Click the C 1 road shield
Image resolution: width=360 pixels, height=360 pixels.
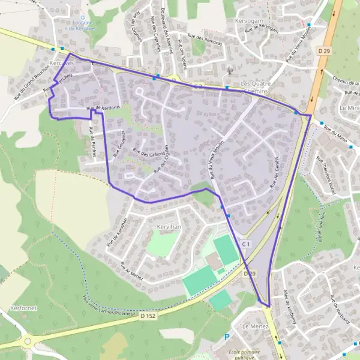(x=245, y=244)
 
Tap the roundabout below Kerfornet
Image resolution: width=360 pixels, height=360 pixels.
(x=28, y=342)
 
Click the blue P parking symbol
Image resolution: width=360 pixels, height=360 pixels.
(x=227, y=337)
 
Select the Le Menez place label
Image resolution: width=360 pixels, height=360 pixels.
(x=254, y=326)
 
